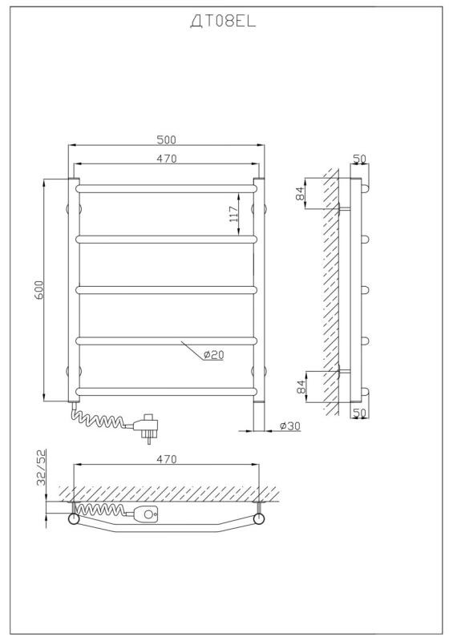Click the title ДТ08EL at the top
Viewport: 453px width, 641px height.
pyautogui.click(x=223, y=22)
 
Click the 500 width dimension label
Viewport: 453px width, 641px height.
pyautogui.click(x=166, y=139)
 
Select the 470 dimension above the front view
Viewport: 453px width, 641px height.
pyautogui.click(x=167, y=159)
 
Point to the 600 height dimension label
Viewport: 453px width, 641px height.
pyautogui.click(x=38, y=289)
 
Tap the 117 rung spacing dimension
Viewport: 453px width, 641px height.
pyautogui.click(x=233, y=214)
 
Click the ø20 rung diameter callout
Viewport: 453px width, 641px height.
pyautogui.click(x=213, y=355)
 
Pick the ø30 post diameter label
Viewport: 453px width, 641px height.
pyautogui.click(x=290, y=426)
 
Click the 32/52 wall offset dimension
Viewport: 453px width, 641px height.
pyautogui.click(x=42, y=467)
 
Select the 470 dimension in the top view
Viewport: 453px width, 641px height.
pyautogui.click(x=167, y=459)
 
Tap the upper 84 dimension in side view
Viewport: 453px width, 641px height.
pyautogui.click(x=301, y=193)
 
